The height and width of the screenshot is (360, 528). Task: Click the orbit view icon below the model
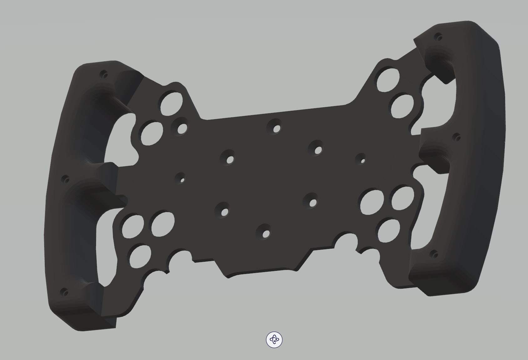pos(274,340)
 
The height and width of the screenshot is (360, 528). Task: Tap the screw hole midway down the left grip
pos(66,180)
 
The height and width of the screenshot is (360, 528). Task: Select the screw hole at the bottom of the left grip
pos(65,292)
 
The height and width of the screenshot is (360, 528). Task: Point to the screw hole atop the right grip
pos(439,38)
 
